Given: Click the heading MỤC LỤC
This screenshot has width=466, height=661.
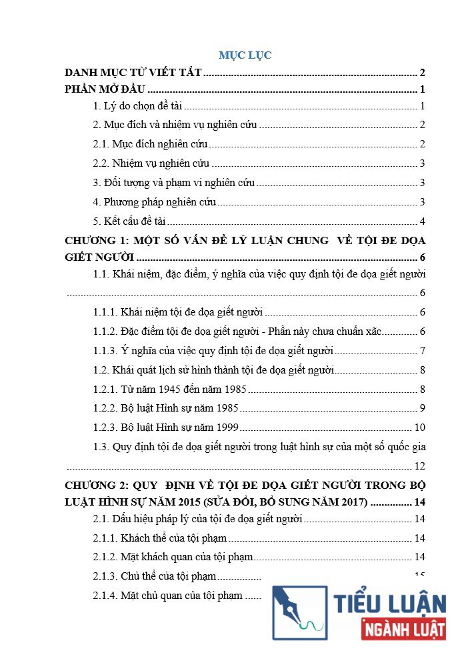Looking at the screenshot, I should [x=245, y=55].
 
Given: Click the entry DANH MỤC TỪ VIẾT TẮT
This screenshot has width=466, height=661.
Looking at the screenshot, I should [x=133, y=73].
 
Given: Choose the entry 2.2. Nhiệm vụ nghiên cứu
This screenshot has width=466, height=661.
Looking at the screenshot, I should [x=152, y=163].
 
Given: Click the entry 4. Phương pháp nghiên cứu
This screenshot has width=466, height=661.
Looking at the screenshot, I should [x=155, y=202].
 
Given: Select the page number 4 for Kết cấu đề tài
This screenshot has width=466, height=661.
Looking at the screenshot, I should [x=423, y=221].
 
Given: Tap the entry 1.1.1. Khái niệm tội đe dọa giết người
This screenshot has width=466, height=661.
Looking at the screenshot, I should [x=178, y=312].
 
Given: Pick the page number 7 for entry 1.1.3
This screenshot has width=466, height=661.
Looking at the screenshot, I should [x=423, y=351].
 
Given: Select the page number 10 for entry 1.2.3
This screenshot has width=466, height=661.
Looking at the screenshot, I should [x=420, y=428].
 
